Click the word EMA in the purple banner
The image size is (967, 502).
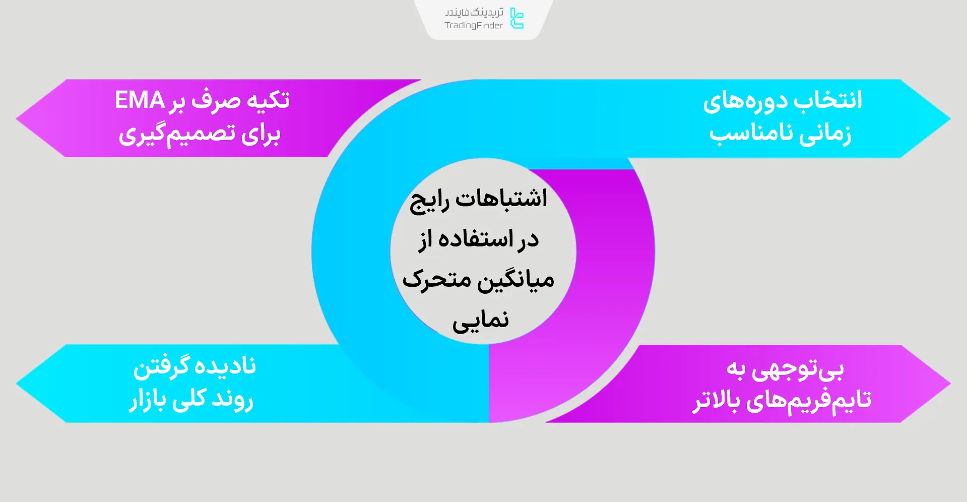140,100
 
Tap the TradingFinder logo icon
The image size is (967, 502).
517,18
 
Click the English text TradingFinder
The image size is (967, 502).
474,26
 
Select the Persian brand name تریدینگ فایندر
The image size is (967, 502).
474,12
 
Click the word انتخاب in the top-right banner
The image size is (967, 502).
828,100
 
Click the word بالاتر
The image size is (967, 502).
716,401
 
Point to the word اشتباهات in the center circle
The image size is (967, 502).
501,199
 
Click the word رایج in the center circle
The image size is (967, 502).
429,201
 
